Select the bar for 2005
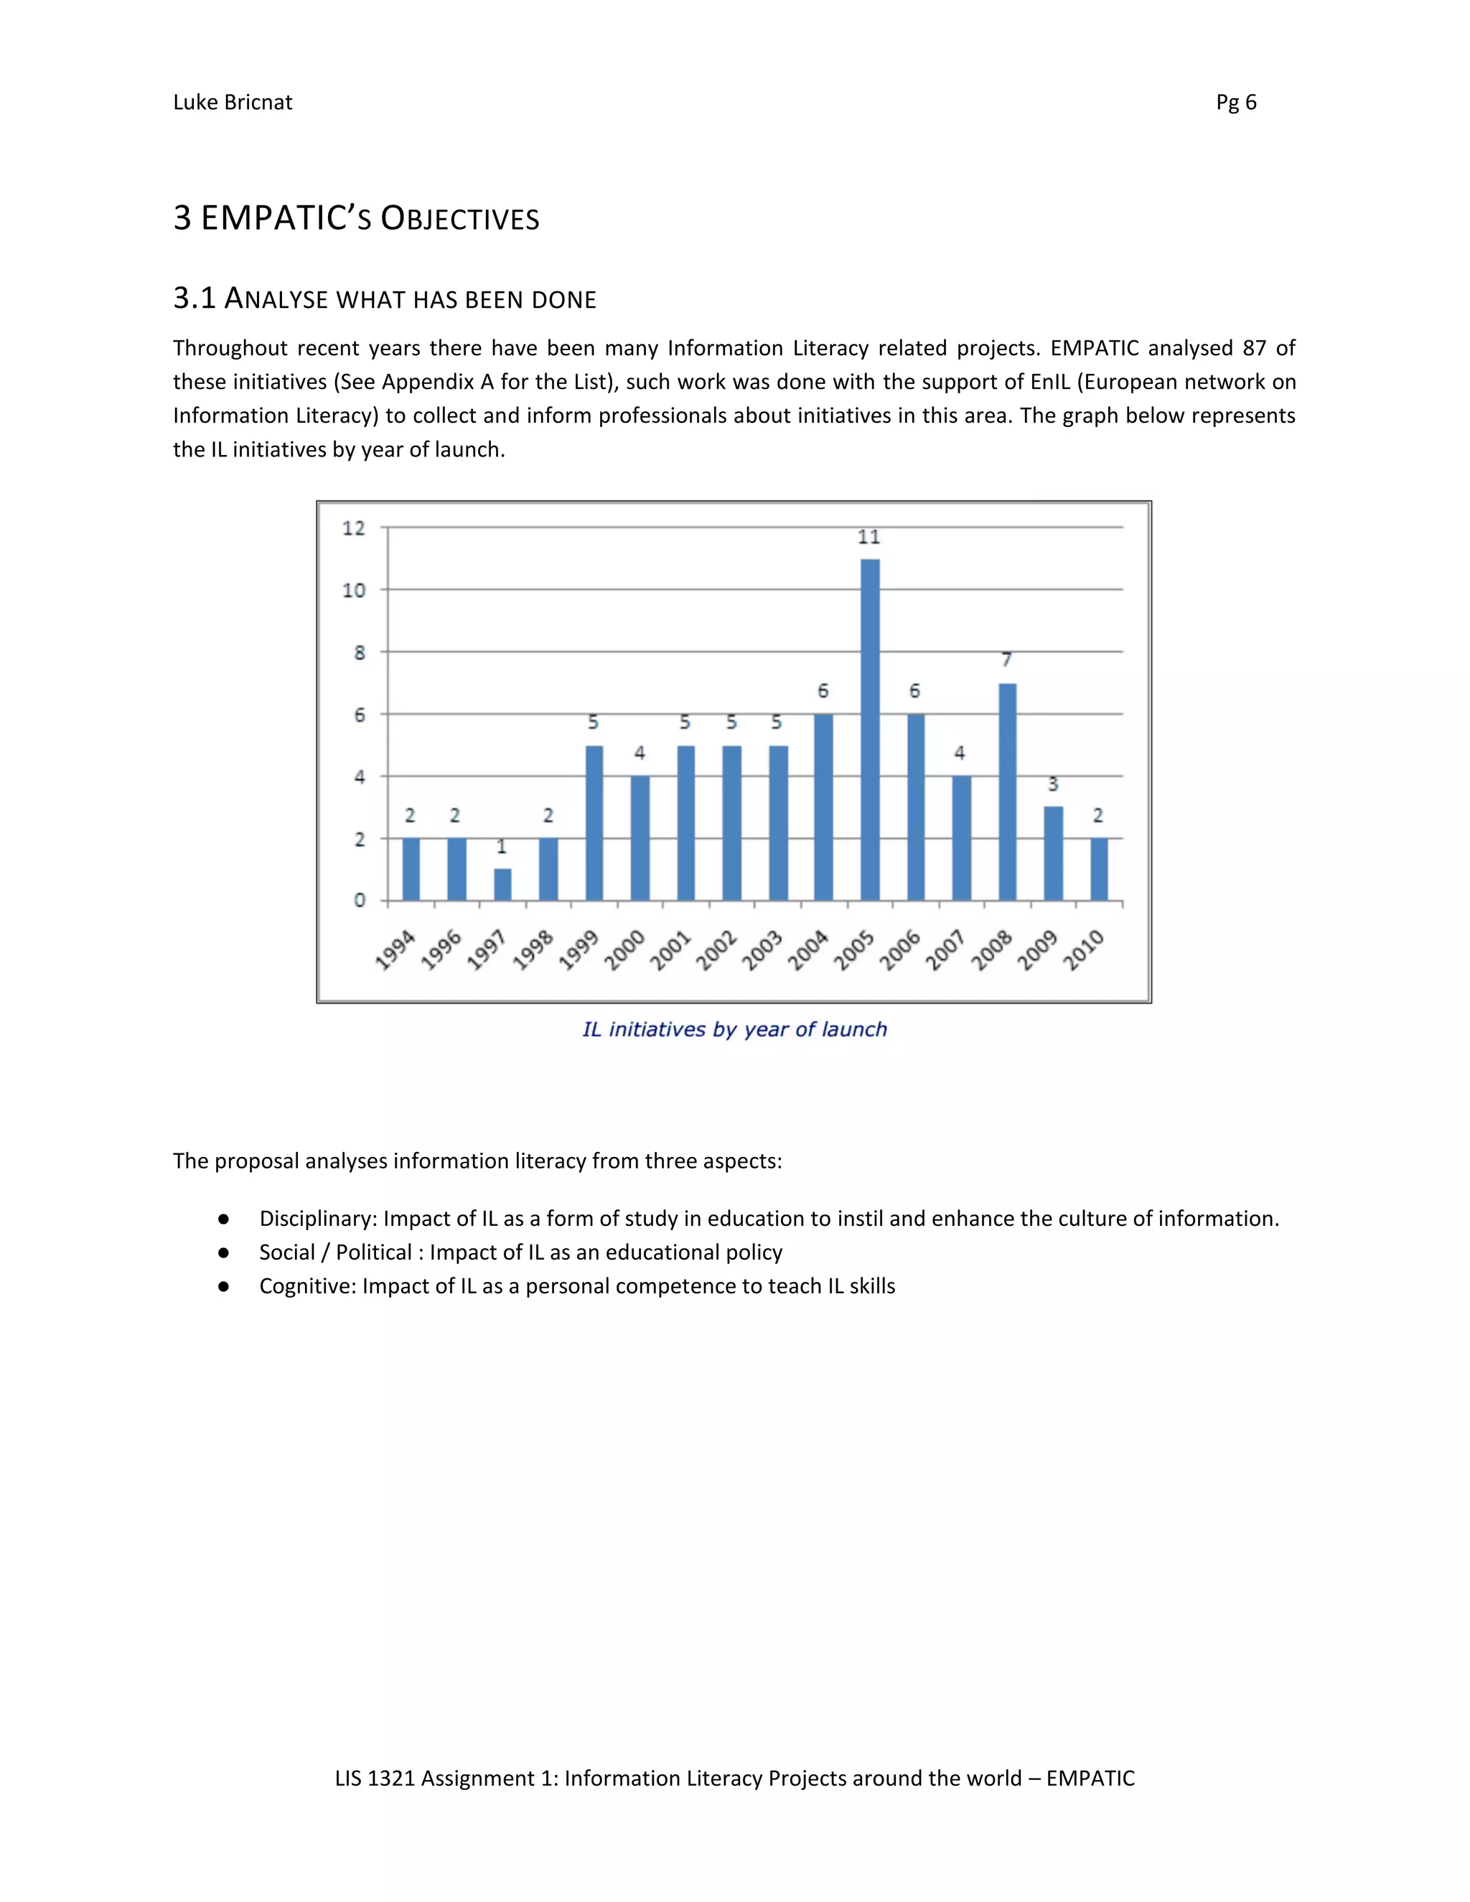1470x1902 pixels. click(869, 730)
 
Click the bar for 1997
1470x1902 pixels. click(502, 884)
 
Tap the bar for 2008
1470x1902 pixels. click(1007, 792)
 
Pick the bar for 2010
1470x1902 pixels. click(1099, 869)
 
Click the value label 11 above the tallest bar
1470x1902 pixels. click(869, 538)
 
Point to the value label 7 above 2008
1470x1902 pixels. click(1007, 660)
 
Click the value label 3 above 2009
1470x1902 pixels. click(1053, 784)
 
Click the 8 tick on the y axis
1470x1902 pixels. click(359, 652)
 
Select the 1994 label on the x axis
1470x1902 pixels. click(395, 950)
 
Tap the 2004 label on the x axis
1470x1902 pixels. click(808, 950)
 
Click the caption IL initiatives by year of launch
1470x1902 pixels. click(734, 1029)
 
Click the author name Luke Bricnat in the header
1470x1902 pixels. click(233, 103)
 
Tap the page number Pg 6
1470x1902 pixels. click(1236, 103)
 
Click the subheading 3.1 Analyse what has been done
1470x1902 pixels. click(384, 299)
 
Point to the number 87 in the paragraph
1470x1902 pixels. click(1254, 348)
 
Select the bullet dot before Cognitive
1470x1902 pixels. click(224, 1286)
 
